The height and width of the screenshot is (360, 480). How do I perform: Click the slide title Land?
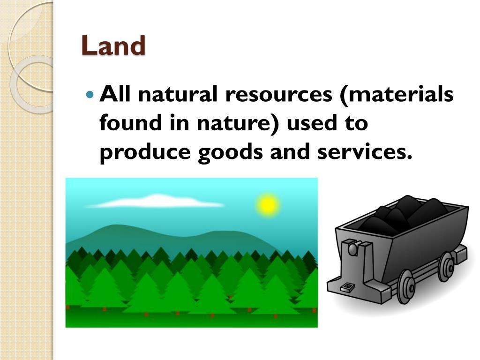coord(113,46)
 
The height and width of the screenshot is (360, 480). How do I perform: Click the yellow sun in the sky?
coord(267,205)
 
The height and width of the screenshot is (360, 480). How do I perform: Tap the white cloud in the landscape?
coord(155,202)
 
